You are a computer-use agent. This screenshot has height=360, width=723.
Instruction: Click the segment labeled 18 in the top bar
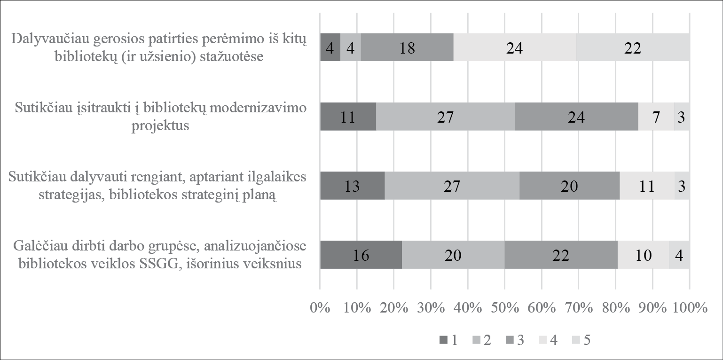point(407,47)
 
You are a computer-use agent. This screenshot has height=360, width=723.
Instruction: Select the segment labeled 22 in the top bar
point(633,47)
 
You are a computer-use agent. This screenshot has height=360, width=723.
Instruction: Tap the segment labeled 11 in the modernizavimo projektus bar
point(348,117)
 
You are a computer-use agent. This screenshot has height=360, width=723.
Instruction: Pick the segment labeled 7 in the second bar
point(656,117)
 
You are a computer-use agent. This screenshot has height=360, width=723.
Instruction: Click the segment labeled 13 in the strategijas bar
point(352,186)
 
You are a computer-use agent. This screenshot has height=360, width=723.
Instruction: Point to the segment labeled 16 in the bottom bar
point(361,255)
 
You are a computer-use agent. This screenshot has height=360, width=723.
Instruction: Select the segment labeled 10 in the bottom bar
point(643,255)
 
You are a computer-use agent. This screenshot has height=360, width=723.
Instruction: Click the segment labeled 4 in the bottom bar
point(679,255)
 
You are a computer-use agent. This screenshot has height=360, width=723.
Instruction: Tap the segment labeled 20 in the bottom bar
point(453,255)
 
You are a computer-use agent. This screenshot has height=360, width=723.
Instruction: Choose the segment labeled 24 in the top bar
point(515,47)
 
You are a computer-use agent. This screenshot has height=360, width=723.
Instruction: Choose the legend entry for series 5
point(582,340)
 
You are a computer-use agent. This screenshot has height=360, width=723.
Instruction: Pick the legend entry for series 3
point(515,340)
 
